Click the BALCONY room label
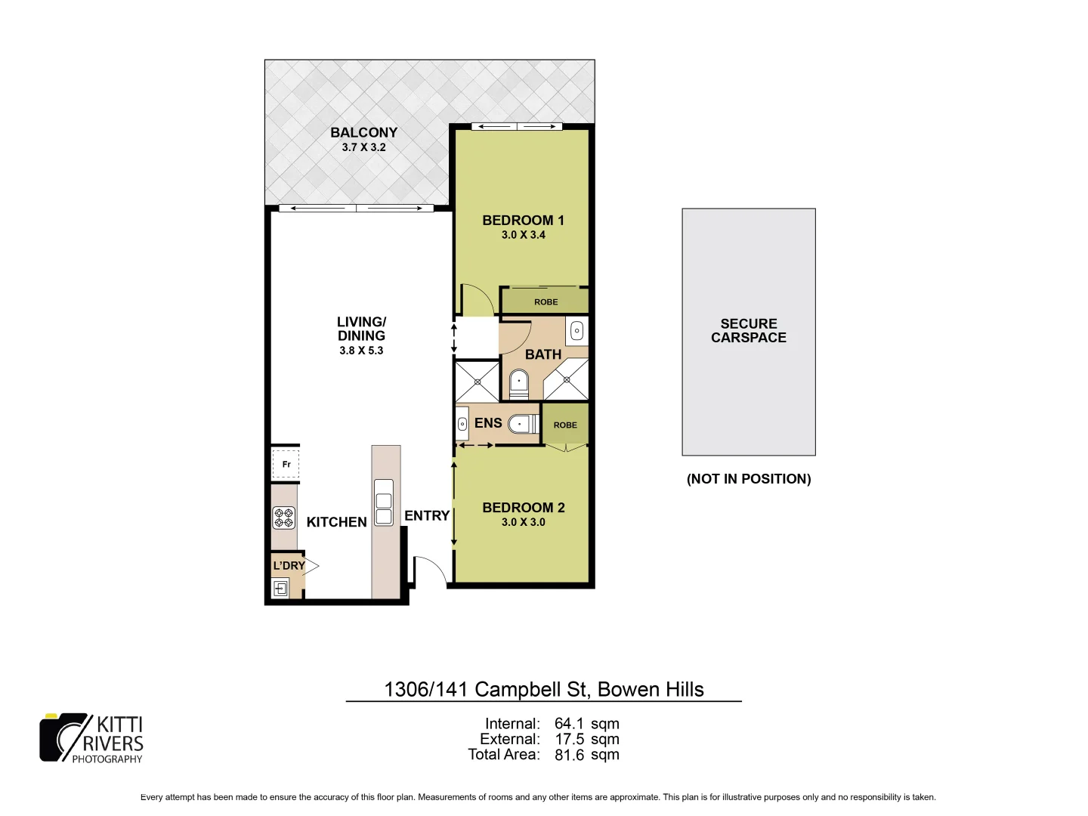[x=363, y=132]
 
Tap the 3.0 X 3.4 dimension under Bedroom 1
[x=523, y=235]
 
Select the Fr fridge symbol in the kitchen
[x=286, y=464]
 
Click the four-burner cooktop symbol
[x=284, y=518]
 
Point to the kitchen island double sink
[x=384, y=502]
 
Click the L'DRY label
[x=289, y=565]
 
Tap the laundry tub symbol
[x=281, y=588]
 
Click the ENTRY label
[x=427, y=515]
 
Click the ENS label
[x=488, y=423]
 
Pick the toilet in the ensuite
[x=522, y=425]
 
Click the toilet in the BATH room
[x=518, y=382]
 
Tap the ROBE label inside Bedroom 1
[x=546, y=302]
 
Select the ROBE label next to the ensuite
[x=565, y=425]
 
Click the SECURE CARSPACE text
[x=748, y=331]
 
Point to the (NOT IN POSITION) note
[x=748, y=479]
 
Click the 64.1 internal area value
[x=569, y=724]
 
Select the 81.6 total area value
[x=569, y=755]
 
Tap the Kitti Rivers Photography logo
[x=91, y=738]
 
